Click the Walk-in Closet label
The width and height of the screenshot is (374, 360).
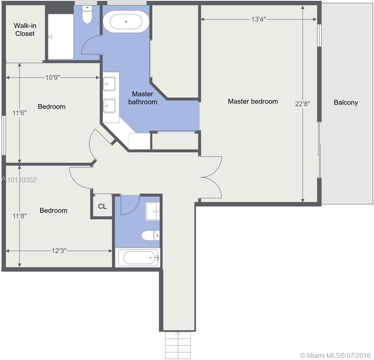(x=25, y=30)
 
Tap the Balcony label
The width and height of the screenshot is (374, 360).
(x=345, y=102)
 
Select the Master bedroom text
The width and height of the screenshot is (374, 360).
(x=253, y=101)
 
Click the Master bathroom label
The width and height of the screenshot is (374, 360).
(x=143, y=98)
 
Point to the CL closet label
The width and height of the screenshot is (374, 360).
(x=102, y=206)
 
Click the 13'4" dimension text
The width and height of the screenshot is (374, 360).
(x=259, y=19)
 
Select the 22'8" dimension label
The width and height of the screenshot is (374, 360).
(x=302, y=104)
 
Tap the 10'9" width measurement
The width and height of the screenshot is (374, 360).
(x=53, y=77)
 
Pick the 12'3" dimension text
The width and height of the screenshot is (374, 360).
(x=59, y=251)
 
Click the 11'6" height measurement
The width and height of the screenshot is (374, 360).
(x=19, y=113)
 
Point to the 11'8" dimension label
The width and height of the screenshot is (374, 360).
(x=19, y=216)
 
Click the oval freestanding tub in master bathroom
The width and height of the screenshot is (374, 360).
(x=126, y=22)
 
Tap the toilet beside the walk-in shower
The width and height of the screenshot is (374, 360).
(x=87, y=14)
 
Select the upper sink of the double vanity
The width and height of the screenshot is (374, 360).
(x=109, y=84)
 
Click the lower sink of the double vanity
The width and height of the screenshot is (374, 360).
(x=109, y=106)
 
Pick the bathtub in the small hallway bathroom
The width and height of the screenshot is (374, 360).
(x=138, y=258)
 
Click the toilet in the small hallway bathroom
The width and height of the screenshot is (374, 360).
(x=151, y=236)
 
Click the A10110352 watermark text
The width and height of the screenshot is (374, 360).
(x=19, y=180)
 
